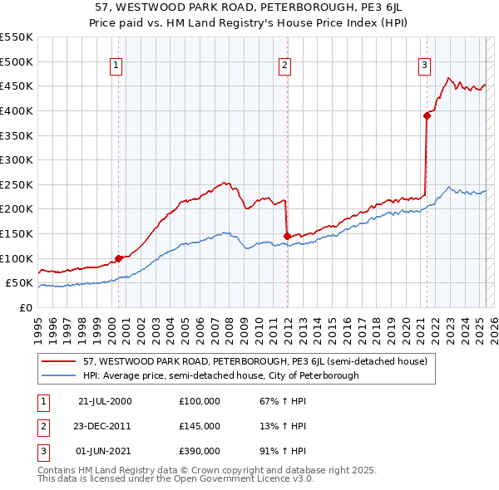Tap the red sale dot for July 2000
(119, 258)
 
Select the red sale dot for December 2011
(287, 236)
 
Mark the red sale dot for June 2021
(427, 115)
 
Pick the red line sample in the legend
(58, 361)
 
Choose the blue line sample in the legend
(58, 375)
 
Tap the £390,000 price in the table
(199, 451)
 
